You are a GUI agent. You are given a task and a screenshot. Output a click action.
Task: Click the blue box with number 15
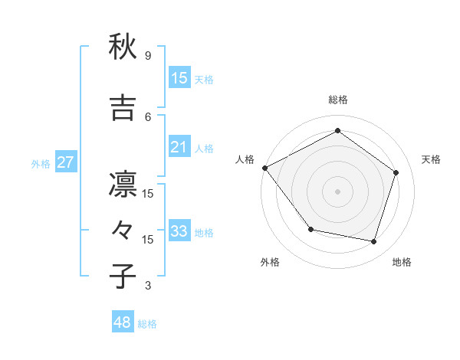pos(179,78)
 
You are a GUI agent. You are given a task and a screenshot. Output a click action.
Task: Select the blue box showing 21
pos(179,147)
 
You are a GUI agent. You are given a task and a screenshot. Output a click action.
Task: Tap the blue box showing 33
pos(179,231)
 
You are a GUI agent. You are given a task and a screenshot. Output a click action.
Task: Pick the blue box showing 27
pos(65,162)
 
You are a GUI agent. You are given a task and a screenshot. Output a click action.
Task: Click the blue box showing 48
pos(123,322)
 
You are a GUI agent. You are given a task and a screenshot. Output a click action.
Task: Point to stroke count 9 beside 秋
pos(148,56)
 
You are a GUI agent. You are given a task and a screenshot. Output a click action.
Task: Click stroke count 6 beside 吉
pos(148,116)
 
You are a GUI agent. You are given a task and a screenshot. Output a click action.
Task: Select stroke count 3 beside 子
pos(148,286)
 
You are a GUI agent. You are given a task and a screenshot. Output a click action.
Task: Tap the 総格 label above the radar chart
pos(337,100)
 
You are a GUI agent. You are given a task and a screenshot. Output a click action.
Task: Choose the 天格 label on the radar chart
pos(431,159)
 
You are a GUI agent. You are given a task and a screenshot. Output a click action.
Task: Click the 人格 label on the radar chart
pos(245,159)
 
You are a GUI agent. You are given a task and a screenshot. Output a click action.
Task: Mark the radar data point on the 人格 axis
pos(265,168)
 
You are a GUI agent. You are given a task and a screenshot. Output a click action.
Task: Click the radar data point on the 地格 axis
pos(373,241)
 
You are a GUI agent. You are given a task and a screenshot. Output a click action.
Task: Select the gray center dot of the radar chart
pos(337,191)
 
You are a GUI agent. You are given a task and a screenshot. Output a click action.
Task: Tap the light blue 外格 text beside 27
pos(41,163)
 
